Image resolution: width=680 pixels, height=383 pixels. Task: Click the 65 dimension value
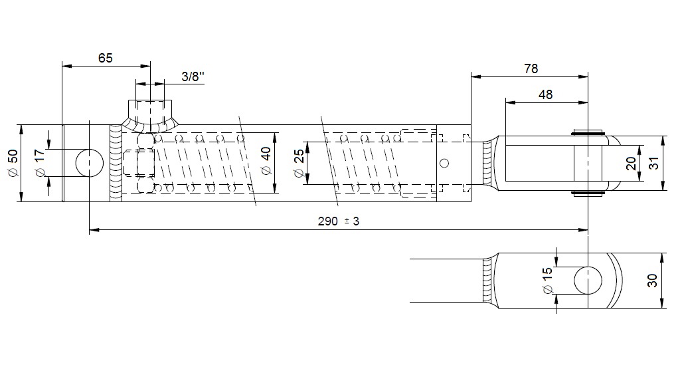pos(106,58)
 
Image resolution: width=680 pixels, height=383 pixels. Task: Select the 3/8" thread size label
pos(193,77)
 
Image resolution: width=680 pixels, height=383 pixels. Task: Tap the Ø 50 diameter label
pos(13,163)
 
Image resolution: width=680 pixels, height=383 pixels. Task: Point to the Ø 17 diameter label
pos(39,163)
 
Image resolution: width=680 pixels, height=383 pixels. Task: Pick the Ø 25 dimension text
pos(299,164)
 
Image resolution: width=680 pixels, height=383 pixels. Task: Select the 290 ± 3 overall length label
pos(339,221)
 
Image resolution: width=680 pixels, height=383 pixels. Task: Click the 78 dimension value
pos(531,68)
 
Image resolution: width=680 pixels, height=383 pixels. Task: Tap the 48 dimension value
pos(546,94)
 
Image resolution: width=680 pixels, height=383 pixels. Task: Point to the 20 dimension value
pos(632,164)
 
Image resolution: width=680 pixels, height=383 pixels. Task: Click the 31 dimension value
pos(654,163)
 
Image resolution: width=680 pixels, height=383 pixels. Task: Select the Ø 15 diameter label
pos(547,280)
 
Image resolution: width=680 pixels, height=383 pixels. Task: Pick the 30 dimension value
pos(652,281)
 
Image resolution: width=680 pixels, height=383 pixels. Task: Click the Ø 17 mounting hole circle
pos(90,164)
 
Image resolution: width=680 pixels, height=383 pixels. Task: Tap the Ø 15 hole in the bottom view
pos(588,281)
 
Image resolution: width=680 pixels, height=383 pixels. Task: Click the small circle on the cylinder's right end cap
pos(444,164)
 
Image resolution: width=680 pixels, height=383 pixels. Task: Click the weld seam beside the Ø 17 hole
pos(116,164)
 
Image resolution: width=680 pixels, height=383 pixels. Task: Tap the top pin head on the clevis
pos(588,132)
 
